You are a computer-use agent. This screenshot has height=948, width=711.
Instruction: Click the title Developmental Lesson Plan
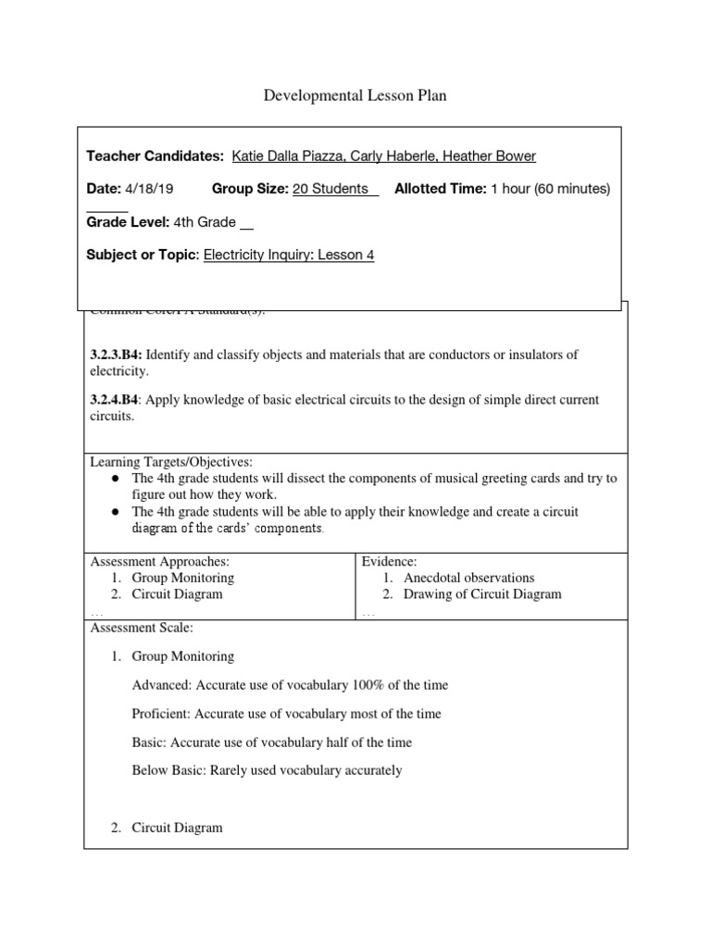355,96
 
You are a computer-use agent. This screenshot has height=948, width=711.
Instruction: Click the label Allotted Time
440,189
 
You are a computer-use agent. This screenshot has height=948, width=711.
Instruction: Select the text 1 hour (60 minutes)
550,189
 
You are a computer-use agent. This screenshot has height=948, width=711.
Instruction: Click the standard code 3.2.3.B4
115,355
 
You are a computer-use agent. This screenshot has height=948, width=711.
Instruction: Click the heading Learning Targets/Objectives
170,462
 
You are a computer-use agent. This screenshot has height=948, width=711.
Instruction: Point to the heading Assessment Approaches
159,561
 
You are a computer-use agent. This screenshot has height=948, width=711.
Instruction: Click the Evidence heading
390,561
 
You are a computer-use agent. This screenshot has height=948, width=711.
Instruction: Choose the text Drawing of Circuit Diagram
482,594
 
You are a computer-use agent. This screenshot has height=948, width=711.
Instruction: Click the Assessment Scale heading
141,627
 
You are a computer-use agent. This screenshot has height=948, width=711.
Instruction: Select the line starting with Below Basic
267,770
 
